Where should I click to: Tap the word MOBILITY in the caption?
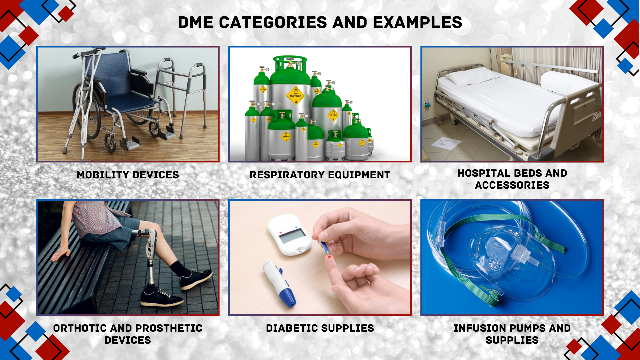click(103, 175)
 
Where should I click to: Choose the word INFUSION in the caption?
click(479, 328)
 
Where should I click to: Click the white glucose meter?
click(290, 235)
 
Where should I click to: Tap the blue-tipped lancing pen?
click(279, 283)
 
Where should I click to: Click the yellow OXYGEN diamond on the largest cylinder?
click(295, 96)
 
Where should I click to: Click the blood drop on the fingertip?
click(330, 257)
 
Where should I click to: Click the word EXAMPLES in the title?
click(417, 23)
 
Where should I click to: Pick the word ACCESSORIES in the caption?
click(512, 185)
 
